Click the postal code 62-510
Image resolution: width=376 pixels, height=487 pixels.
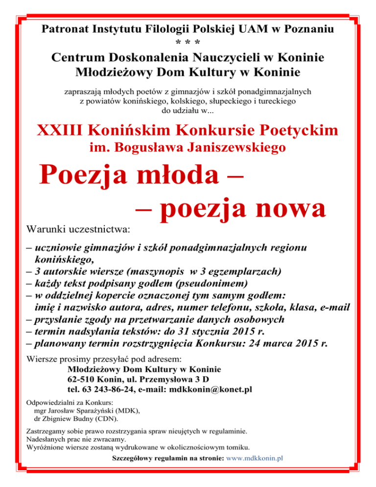point(81,380)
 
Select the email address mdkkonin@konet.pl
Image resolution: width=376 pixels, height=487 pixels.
point(210,390)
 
